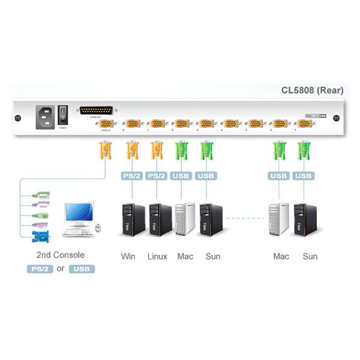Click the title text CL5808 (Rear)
coord(312,91)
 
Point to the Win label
coord(128,256)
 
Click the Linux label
coord(157,256)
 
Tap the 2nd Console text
coord(60,254)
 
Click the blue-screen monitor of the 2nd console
coord(79,214)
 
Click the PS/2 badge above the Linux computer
coord(157,176)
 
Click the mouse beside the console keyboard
coord(99,229)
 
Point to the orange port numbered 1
coord(304,123)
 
